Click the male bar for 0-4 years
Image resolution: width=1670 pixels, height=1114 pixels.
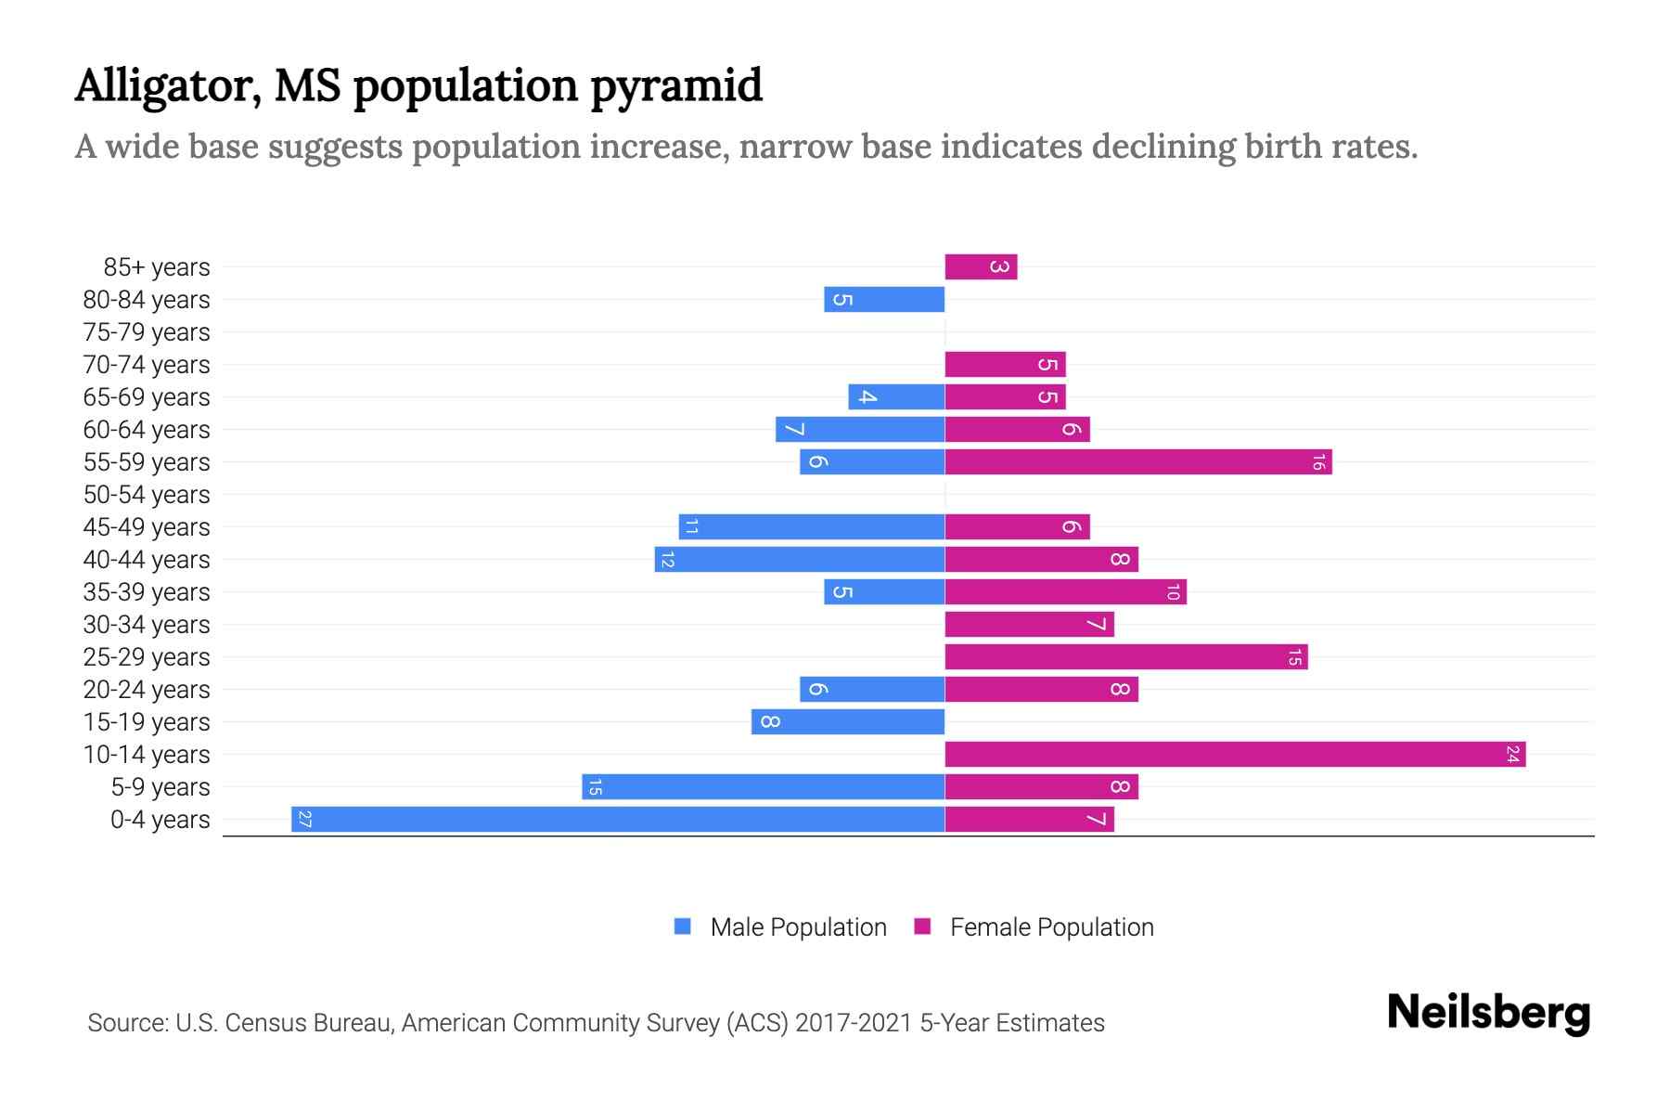(x=618, y=819)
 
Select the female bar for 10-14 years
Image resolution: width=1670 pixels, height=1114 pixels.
(x=1235, y=754)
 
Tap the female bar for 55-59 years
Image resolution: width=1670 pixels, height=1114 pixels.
(x=1138, y=461)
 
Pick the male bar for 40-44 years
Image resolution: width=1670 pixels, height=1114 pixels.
(x=800, y=559)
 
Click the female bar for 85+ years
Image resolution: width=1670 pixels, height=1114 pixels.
(x=981, y=266)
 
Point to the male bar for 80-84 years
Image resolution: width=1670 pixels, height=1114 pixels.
(x=884, y=299)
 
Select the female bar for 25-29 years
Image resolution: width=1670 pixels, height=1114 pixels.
(x=1126, y=656)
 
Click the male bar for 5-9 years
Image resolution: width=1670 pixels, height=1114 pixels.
(x=763, y=786)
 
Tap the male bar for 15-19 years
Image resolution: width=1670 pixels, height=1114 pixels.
(x=848, y=721)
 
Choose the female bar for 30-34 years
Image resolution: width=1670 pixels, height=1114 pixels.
(x=1029, y=624)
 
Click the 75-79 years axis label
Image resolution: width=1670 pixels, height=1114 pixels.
(x=147, y=331)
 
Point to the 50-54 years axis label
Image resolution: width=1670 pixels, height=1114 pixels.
(x=147, y=494)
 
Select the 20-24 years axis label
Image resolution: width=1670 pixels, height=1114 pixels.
(x=147, y=689)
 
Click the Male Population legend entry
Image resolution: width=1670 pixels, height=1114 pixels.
(x=780, y=926)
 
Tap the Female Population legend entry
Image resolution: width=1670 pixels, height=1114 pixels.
(x=1034, y=926)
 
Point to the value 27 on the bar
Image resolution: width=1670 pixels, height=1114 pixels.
(x=305, y=819)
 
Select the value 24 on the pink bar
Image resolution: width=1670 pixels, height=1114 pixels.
(x=1512, y=754)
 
